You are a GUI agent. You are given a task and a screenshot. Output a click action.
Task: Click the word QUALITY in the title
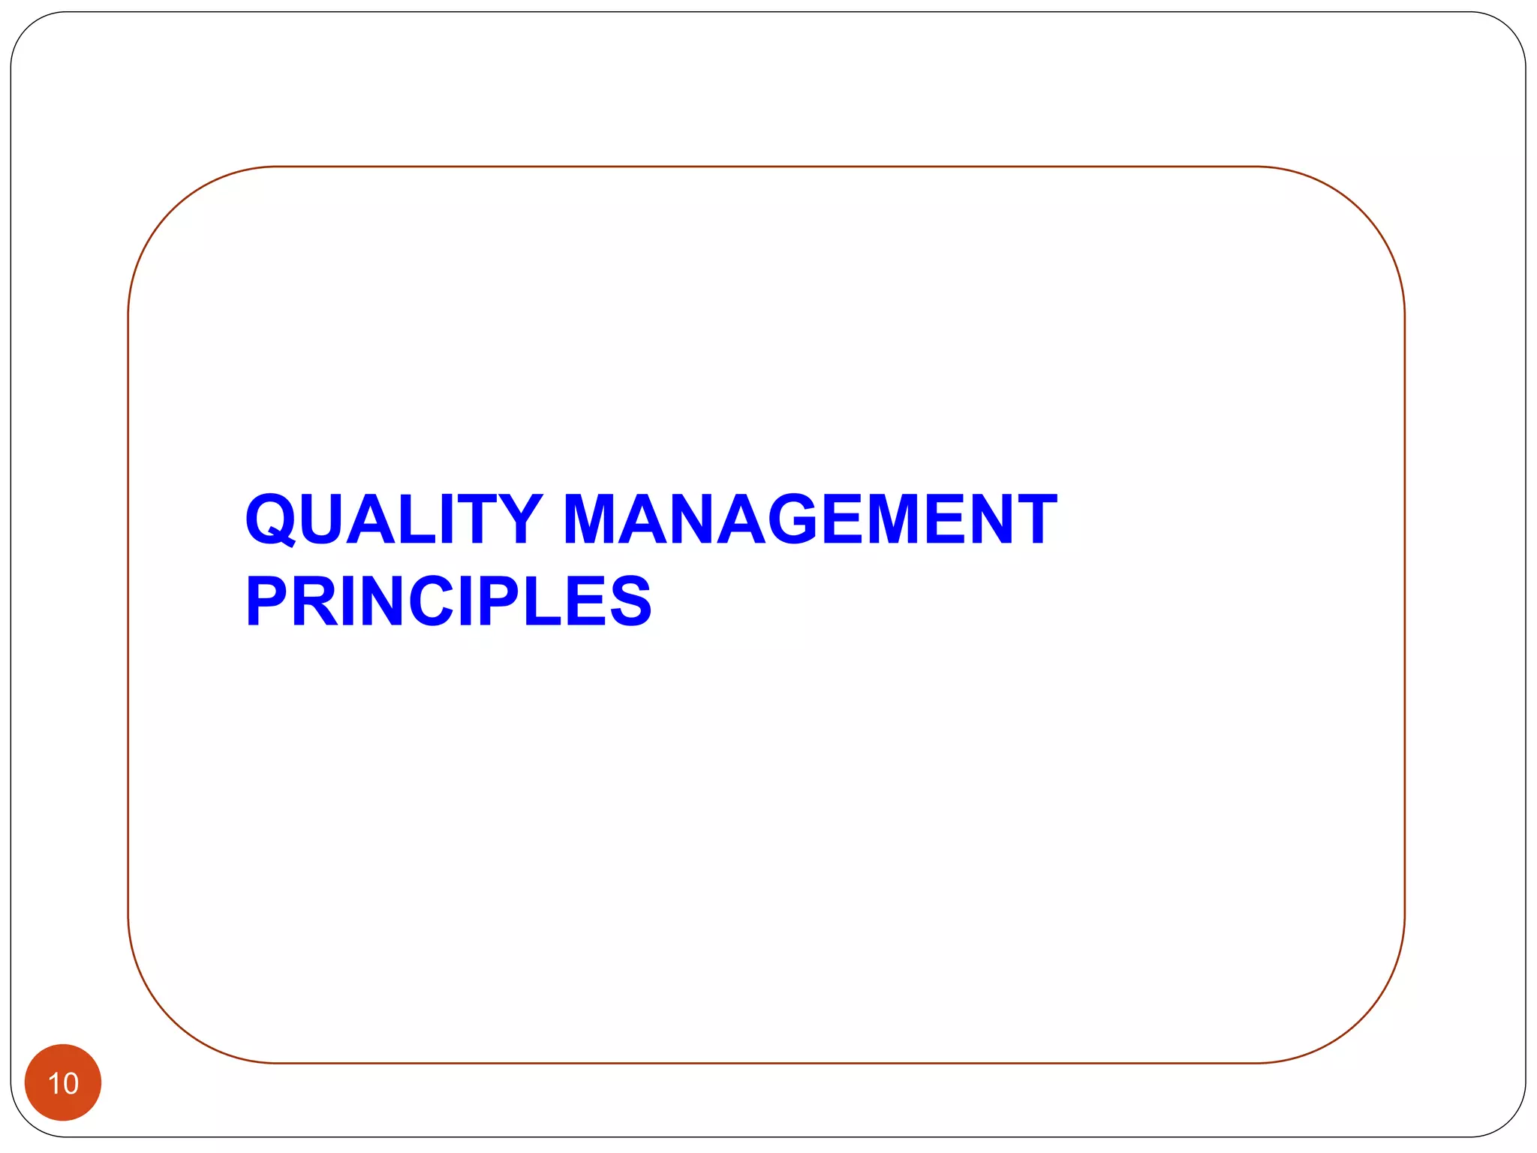pos(393,519)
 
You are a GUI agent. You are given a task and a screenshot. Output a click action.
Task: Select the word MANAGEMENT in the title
pos(810,519)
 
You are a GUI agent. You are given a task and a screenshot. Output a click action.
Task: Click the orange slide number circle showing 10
pos(63,1082)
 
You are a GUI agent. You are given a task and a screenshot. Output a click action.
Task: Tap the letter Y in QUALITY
pos(517,519)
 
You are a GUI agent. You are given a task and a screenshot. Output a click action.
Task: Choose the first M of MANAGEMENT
pos(592,519)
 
